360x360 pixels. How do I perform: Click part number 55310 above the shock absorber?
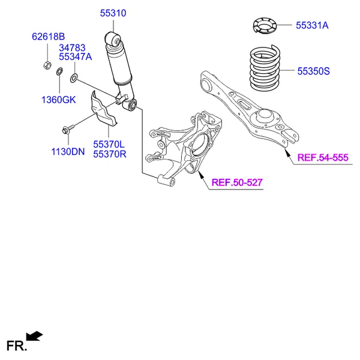pyautogui.click(x=112, y=12)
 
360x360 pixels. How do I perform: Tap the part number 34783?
pyautogui.click(x=72, y=47)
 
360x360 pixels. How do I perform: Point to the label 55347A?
pyautogui.click(x=75, y=57)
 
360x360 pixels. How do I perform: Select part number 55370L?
pyautogui.click(x=109, y=144)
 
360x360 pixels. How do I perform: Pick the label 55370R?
pyautogui.click(x=109, y=154)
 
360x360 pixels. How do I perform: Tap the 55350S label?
pyautogui.click(x=314, y=71)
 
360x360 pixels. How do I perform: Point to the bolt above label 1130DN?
pyautogui.click(x=66, y=128)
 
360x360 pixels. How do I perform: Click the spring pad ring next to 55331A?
pyautogui.click(x=264, y=26)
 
